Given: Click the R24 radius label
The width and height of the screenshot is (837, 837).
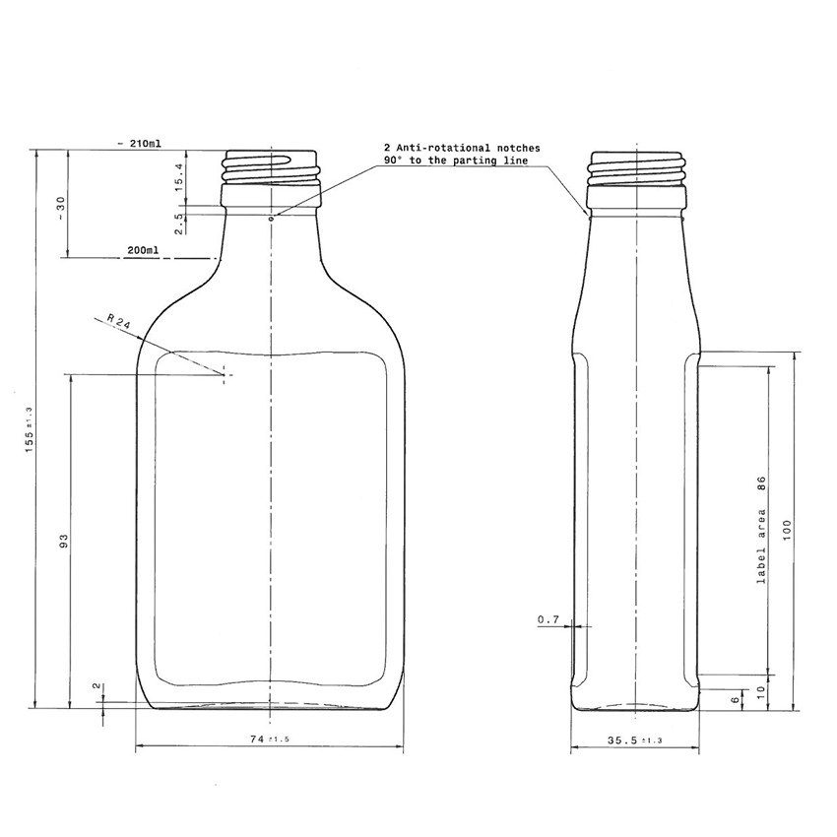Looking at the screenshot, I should [x=119, y=324].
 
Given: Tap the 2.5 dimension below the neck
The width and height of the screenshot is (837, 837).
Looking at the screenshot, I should [x=179, y=224].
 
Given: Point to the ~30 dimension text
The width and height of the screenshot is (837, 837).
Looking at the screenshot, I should [x=60, y=208].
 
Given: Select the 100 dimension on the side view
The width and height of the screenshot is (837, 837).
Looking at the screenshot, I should [x=786, y=530].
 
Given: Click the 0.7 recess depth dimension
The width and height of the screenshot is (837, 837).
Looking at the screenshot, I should [x=548, y=619].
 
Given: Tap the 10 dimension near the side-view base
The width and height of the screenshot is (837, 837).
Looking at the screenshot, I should [x=760, y=691].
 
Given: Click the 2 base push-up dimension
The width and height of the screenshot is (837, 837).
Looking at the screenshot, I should [x=96, y=685].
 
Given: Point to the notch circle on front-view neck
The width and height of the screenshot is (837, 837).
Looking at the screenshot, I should [x=272, y=216].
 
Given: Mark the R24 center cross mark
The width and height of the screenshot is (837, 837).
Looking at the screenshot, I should [x=225, y=374].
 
